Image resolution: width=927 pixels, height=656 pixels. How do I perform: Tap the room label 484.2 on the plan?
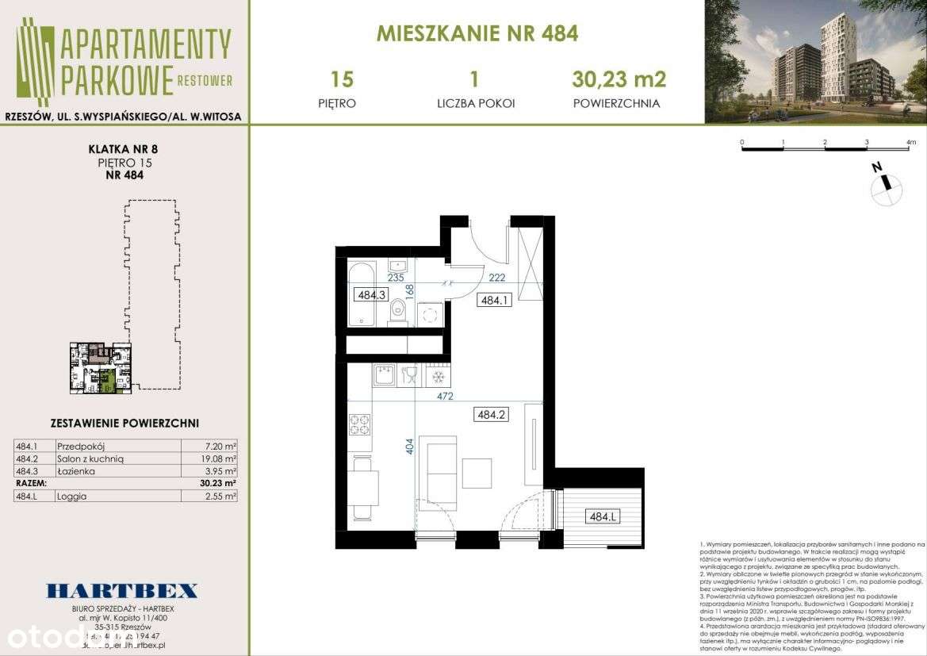click(x=490, y=413)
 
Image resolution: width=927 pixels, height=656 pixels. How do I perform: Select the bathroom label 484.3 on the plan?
click(x=371, y=295)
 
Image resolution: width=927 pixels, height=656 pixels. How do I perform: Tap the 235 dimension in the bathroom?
click(x=396, y=278)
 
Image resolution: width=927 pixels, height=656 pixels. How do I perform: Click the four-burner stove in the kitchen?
click(x=359, y=425)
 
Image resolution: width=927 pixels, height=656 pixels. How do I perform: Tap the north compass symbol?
click(x=886, y=186)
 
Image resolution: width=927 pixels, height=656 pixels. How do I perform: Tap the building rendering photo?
click(x=815, y=62)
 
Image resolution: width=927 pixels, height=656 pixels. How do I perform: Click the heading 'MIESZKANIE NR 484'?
click(x=477, y=33)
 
